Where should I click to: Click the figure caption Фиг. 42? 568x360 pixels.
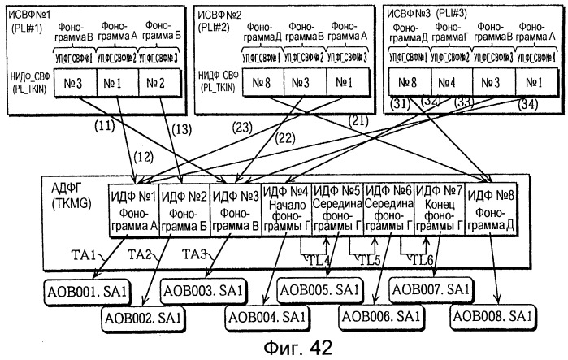coord(285,346)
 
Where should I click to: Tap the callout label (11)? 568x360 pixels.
coord(103,125)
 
